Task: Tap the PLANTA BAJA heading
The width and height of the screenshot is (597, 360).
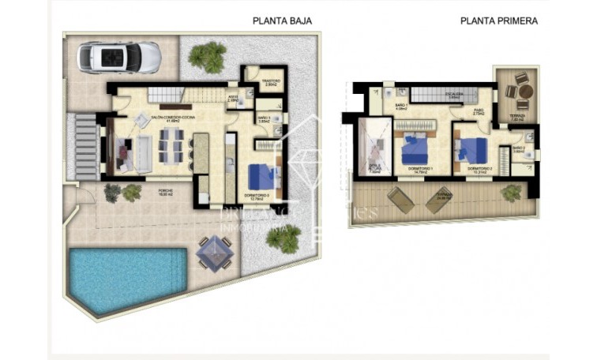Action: (x=283, y=21)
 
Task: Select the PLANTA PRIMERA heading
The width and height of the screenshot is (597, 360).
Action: (x=498, y=21)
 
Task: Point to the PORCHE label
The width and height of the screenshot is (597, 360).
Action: (x=165, y=192)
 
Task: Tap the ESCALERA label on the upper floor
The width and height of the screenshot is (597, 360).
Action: (x=454, y=96)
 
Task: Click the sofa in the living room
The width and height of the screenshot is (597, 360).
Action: (x=143, y=153)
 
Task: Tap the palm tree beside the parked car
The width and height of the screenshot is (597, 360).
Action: (x=207, y=56)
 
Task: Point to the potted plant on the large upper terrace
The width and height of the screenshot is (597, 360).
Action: (x=512, y=192)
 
